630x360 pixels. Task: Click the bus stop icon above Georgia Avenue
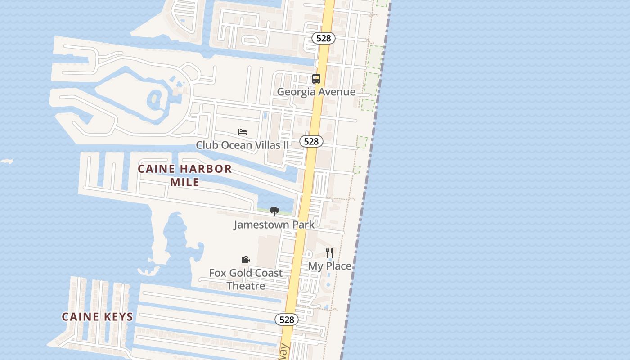click(316, 79)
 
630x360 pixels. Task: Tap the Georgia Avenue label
click(316, 92)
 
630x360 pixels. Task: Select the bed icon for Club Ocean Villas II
click(243, 132)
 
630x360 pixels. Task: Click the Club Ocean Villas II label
click(243, 145)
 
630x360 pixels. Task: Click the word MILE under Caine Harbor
click(184, 182)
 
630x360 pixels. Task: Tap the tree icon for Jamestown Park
click(274, 211)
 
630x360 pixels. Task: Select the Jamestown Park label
click(274, 224)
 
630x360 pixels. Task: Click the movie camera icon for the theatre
click(245, 260)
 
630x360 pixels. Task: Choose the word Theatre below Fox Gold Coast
click(246, 286)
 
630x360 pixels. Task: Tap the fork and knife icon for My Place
click(329, 253)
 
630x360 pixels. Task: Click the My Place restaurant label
click(329, 266)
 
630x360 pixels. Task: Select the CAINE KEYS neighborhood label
click(98, 317)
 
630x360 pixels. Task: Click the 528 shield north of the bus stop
click(324, 38)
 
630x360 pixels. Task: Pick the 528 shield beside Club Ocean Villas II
click(311, 141)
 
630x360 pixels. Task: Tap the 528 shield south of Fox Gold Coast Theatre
click(287, 319)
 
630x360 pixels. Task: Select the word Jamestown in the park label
click(259, 224)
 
